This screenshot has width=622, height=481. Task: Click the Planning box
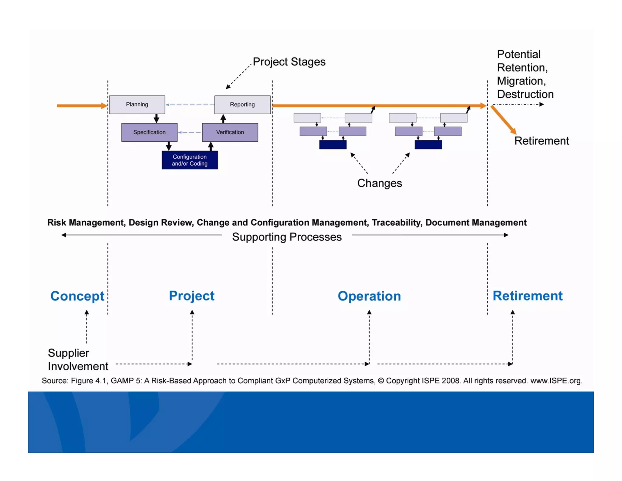[137, 105]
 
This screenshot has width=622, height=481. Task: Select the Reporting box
[242, 105]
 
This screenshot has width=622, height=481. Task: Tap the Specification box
[149, 132]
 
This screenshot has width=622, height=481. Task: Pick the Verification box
[230, 132]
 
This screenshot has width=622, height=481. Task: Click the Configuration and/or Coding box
[190, 160]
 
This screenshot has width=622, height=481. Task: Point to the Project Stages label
[289, 62]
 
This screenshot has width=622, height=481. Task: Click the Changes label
[379, 183]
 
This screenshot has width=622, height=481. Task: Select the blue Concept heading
[77, 296]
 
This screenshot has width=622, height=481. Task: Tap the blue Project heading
[192, 296]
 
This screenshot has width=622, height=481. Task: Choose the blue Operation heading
[369, 296]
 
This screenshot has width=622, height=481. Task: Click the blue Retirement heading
[527, 296]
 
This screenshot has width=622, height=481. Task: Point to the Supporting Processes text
[287, 237]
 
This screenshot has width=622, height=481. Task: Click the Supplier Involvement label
[77, 359]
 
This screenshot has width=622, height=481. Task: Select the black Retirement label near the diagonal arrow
[541, 141]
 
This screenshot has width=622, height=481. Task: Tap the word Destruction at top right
[525, 94]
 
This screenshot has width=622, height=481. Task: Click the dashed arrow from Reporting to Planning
[190, 105]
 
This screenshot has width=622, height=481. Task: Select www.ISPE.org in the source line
[556, 381]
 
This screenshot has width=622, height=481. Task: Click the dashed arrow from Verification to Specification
[190, 132]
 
